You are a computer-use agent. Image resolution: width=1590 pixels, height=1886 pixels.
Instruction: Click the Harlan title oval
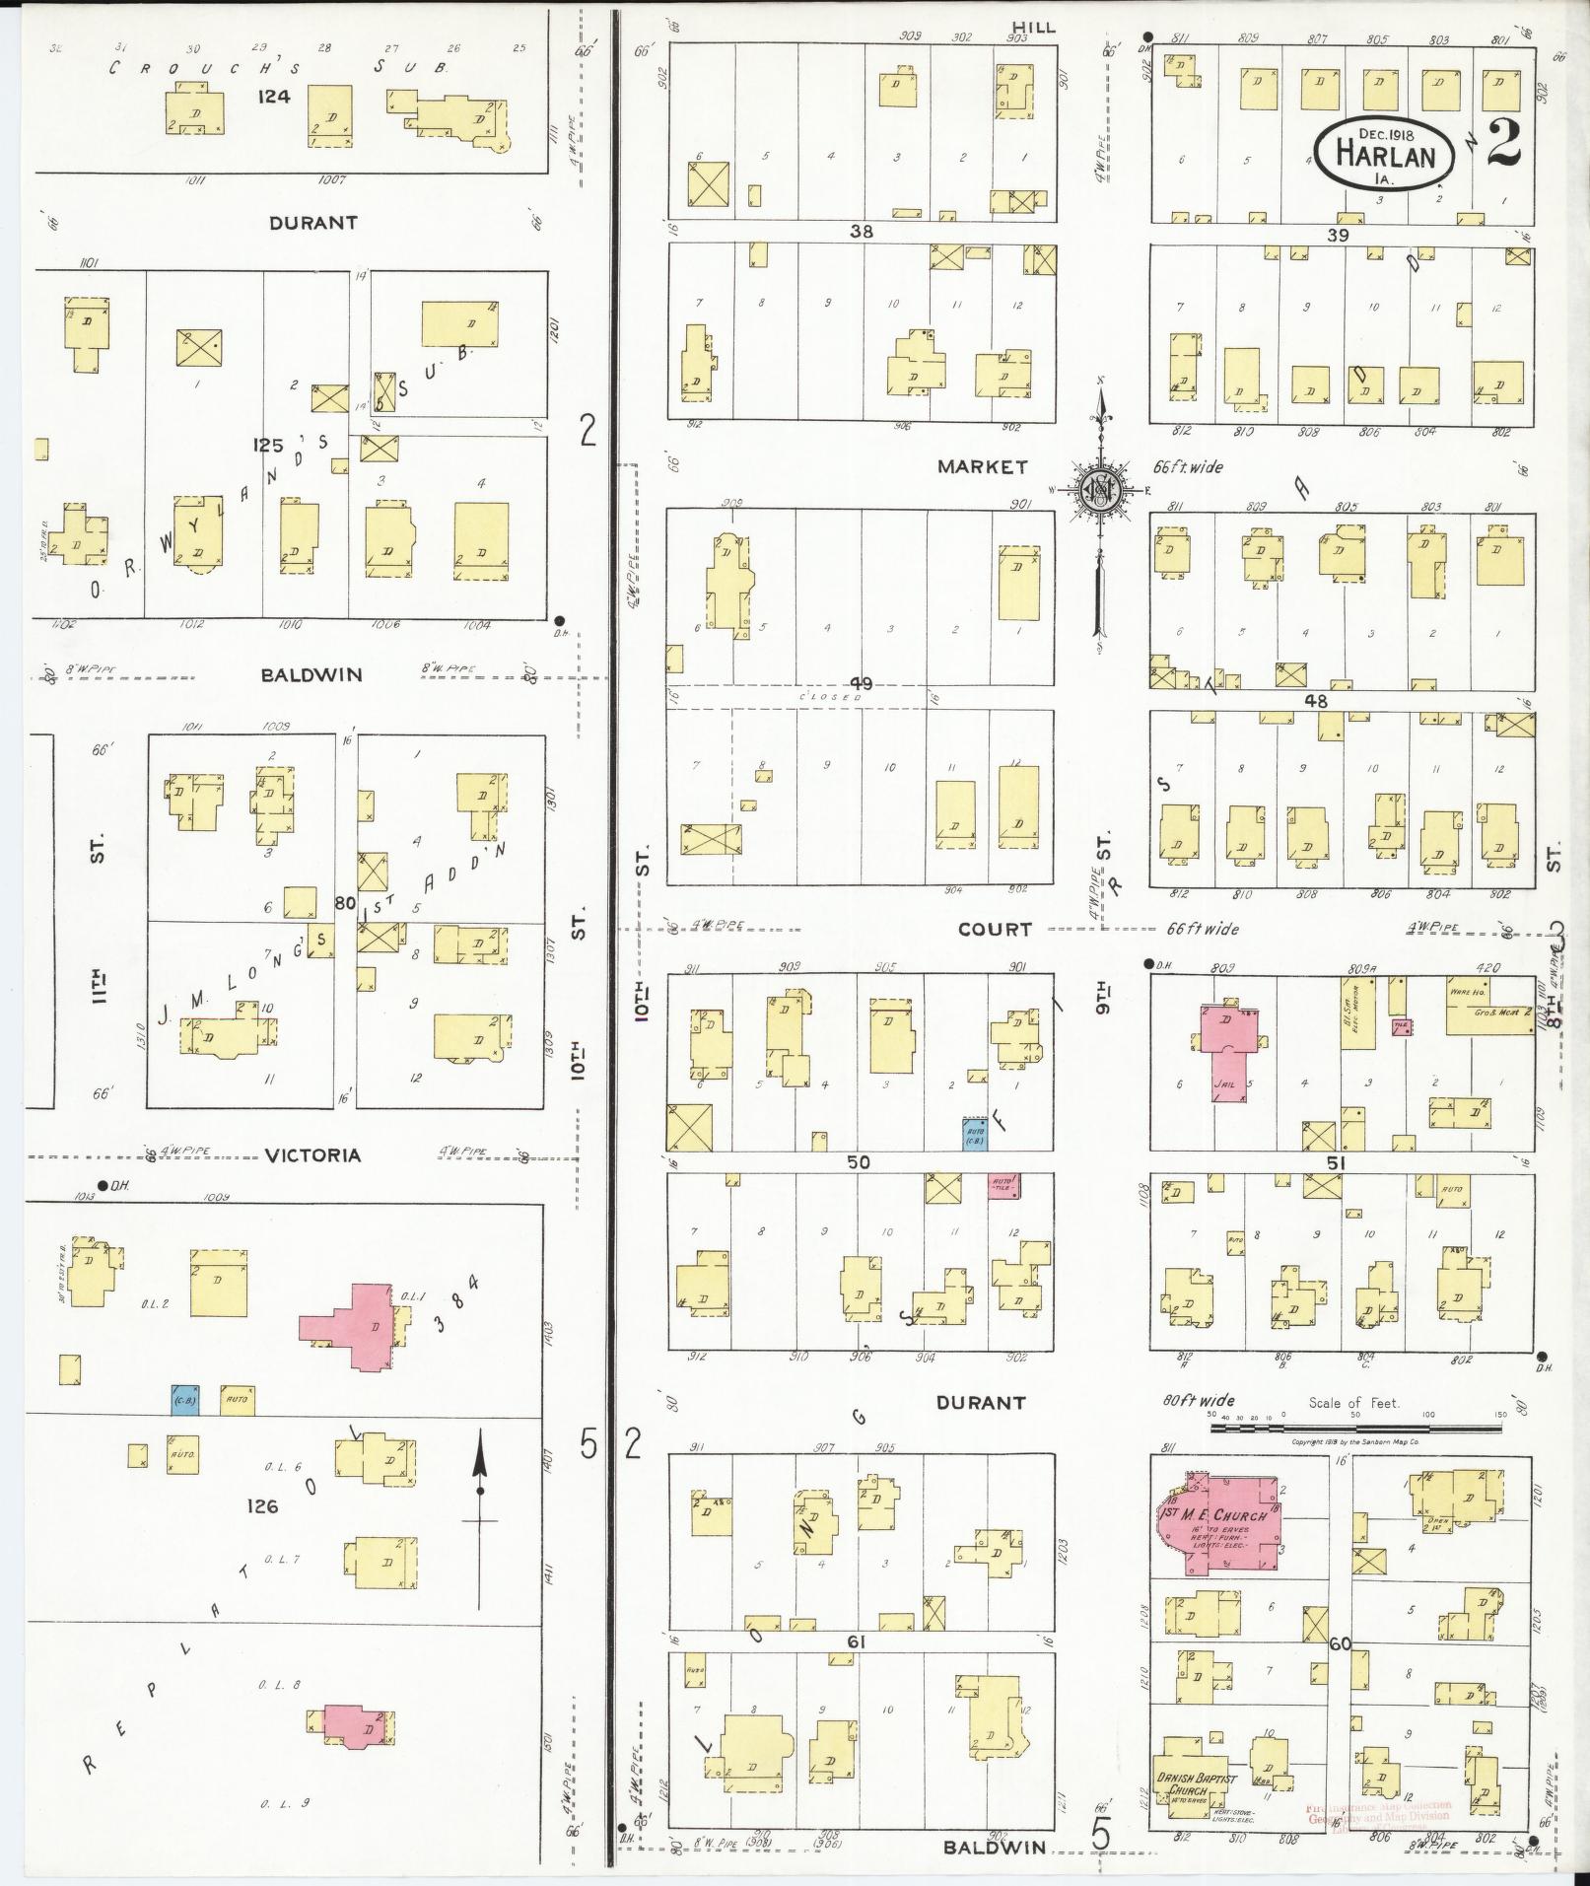tap(1385, 151)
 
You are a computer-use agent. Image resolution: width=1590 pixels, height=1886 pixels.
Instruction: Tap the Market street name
tap(982, 467)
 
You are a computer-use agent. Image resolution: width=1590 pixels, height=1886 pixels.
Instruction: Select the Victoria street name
tap(313, 1155)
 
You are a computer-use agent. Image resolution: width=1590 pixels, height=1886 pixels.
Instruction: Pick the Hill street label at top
tap(1032, 28)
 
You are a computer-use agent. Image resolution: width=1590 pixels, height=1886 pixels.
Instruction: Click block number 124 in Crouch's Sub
tap(272, 124)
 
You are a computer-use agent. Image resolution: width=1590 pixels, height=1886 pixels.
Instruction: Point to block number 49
tap(861, 684)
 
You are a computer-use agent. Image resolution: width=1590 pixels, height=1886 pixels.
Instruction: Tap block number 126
tap(263, 1506)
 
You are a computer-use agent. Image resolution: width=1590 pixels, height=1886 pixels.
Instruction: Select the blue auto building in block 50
tap(975, 1133)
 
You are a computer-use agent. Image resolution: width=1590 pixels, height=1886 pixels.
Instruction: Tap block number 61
tap(856, 1642)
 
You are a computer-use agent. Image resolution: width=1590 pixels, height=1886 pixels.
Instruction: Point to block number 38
tap(863, 232)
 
